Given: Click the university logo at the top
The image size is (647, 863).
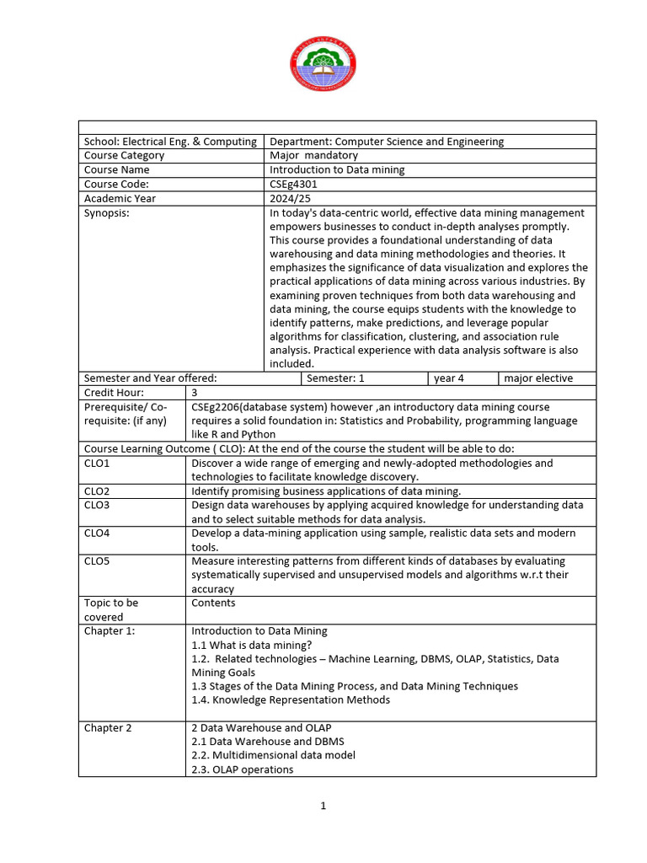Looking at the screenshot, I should [x=323, y=65].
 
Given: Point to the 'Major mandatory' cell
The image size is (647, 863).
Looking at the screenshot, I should [x=313, y=155].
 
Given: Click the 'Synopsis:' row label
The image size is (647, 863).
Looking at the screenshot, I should [x=107, y=213].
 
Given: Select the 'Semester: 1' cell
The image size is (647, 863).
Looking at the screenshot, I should [x=335, y=378].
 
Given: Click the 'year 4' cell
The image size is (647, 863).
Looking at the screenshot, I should [x=449, y=378].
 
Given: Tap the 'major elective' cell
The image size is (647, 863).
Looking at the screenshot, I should [x=538, y=378].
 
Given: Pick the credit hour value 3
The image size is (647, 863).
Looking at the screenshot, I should [x=195, y=393].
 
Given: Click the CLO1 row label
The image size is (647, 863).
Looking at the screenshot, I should [x=97, y=464].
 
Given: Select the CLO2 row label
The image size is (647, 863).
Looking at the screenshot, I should [x=97, y=491].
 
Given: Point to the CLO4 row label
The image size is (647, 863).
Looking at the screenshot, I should [x=97, y=533].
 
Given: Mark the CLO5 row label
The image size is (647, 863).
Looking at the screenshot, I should [x=97, y=561].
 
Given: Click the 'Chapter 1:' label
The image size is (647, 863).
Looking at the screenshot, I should [x=110, y=630].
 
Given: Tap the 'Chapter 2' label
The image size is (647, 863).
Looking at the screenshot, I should [x=108, y=728].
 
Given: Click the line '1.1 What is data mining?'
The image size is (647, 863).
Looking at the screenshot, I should [x=240, y=645].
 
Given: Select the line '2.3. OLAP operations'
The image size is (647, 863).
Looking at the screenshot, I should [x=243, y=769].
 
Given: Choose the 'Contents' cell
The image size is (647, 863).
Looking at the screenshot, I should [x=213, y=603].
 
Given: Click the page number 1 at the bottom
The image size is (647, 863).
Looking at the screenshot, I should [x=323, y=806].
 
